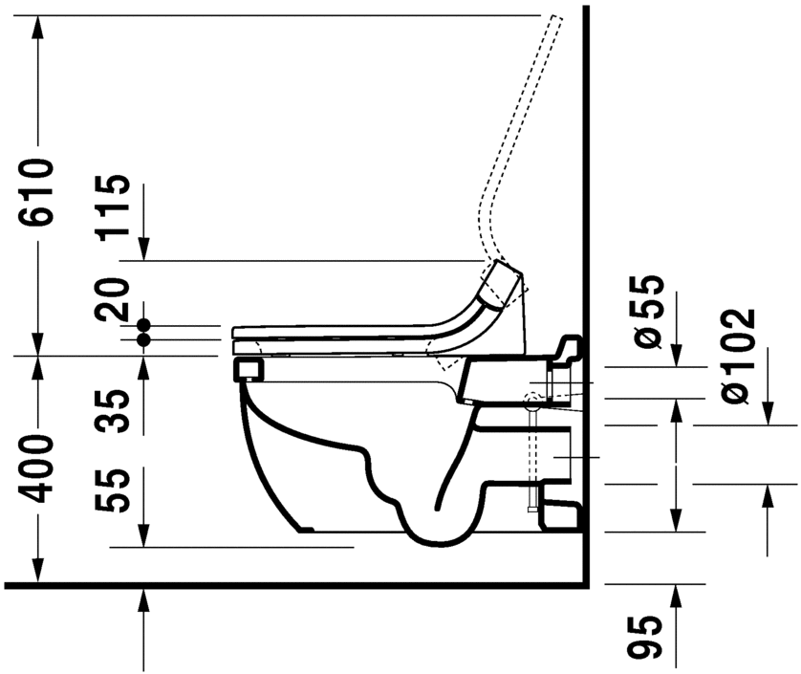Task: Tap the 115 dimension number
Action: tap(117, 207)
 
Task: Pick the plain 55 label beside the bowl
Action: tap(117, 490)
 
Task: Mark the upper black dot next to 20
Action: tap(143, 325)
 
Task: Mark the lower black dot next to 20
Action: tap(143, 339)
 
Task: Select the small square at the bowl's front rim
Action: tap(247, 369)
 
